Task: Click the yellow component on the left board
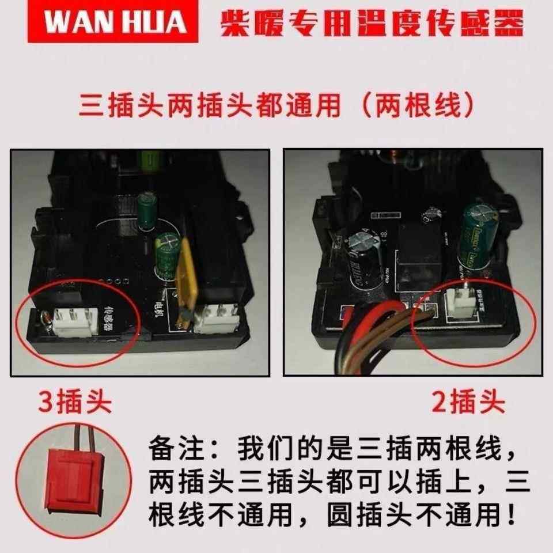pos(183,282)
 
